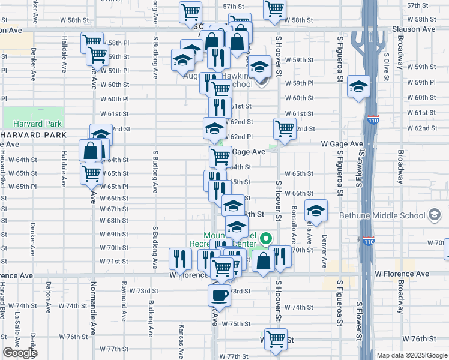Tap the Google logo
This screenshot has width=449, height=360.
point(19,353)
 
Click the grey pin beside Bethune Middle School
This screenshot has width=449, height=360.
point(433,215)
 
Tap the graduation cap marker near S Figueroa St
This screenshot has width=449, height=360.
point(358,87)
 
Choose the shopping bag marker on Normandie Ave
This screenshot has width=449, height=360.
point(89,151)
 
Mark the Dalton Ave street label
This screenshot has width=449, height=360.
point(47,295)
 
